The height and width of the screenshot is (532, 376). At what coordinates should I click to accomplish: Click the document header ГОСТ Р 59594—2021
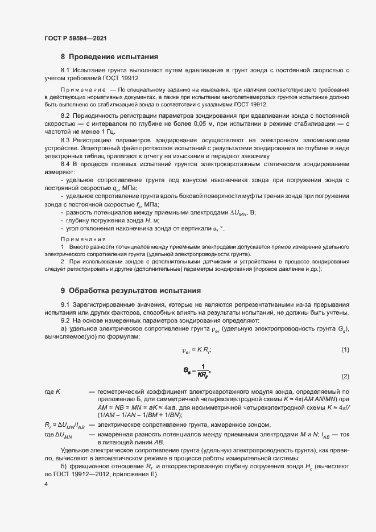click(76, 38)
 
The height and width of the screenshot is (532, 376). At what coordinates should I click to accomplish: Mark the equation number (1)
click(345, 349)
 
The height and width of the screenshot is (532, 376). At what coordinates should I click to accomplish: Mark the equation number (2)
click(345, 377)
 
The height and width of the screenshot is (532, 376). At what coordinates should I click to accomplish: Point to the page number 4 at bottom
click(46, 483)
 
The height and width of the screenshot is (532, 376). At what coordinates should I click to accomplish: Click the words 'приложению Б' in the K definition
click(118, 400)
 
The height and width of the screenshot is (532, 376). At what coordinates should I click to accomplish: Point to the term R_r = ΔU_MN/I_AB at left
click(64, 425)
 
